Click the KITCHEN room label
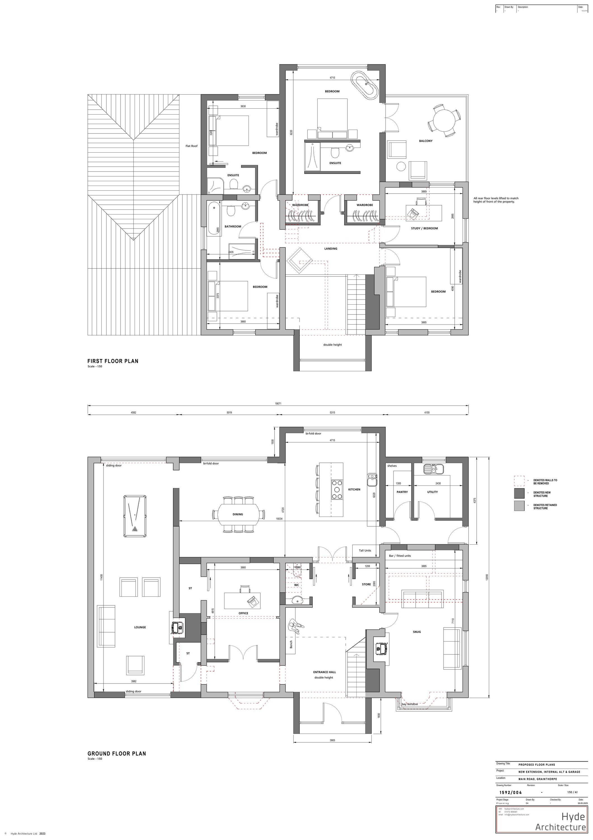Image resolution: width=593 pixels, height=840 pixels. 354,489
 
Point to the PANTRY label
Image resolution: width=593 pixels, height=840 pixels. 402,492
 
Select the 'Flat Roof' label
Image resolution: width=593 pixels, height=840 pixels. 191,146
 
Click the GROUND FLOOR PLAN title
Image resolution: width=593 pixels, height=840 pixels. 117,754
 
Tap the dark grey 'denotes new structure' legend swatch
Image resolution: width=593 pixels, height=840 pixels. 519,494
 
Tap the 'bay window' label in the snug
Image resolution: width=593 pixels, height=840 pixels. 409,704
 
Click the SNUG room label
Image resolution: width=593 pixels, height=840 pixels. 417,632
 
